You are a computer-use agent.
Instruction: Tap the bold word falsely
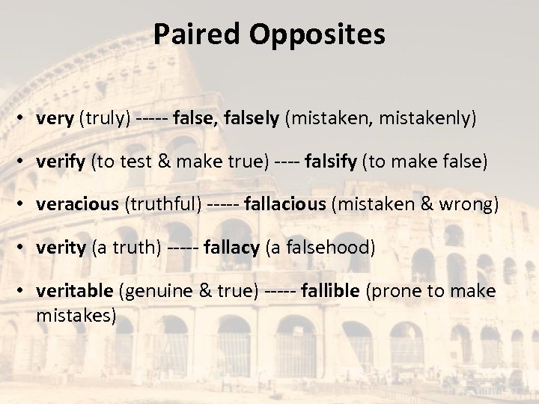coord(247,118)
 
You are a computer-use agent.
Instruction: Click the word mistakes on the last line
coord(76,315)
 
